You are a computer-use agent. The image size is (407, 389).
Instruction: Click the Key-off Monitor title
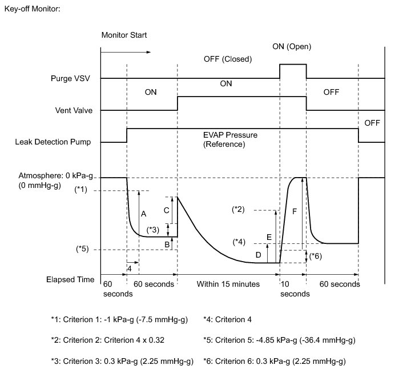pyautogui.click(x=32, y=10)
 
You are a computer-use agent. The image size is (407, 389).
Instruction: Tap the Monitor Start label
pyautogui.click(x=124, y=35)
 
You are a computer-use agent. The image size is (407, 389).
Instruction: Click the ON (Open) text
pyautogui.click(x=292, y=47)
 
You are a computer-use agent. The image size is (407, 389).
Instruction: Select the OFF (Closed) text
pyautogui.click(x=227, y=59)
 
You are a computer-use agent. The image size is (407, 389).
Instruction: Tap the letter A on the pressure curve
pyautogui.click(x=143, y=214)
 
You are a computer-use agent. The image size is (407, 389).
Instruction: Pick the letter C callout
pyautogui.click(x=166, y=210)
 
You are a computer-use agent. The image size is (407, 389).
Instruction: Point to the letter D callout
pyautogui.click(x=258, y=254)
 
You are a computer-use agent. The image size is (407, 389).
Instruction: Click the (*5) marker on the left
pyautogui.click(x=83, y=250)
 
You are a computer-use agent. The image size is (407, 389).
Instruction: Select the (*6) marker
pyautogui.click(x=315, y=256)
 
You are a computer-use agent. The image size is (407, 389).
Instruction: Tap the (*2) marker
pyautogui.click(x=239, y=210)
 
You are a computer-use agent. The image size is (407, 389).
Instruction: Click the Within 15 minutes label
pyautogui.click(x=228, y=284)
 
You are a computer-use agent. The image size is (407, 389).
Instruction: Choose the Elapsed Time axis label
pyautogui.click(x=70, y=280)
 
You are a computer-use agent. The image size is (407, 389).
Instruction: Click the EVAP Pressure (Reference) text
pyautogui.click(x=230, y=140)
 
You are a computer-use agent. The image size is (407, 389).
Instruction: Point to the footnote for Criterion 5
pyautogui.click(x=279, y=340)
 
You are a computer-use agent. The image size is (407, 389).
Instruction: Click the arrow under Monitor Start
pyautogui.click(x=126, y=52)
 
